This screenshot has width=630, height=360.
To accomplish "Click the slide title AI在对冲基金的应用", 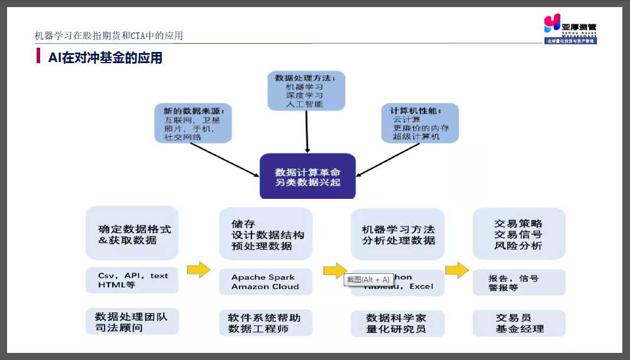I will point(105,58).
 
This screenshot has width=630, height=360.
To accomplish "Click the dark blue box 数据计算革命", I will point(308,176).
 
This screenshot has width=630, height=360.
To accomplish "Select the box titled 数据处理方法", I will point(306,91).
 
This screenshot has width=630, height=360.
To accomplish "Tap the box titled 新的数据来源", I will point(193,123).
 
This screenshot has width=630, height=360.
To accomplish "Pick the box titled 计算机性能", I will point(420,123).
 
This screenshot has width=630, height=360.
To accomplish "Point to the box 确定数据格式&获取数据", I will point(132,233).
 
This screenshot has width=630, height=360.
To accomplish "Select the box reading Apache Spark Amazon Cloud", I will point(265,282).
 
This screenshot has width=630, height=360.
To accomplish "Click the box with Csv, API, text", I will point(132,280).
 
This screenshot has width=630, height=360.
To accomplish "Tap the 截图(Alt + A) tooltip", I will point(368,280).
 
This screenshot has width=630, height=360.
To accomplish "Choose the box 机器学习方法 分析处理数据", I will point(398,234).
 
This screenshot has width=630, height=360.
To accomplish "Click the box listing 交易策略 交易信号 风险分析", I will point(518,234).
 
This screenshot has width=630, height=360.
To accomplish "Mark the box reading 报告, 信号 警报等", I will point(518,282).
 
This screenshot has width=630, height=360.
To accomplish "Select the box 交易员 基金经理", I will point(518,323).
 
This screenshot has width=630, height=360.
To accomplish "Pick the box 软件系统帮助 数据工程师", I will point(265,323).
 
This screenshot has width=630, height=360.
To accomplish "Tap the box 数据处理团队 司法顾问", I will point(132,322).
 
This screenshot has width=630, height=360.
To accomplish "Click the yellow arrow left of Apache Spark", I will point(198,270).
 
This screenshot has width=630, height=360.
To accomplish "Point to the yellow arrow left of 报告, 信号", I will point(456,271).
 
